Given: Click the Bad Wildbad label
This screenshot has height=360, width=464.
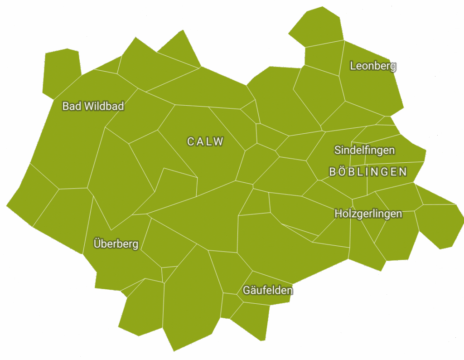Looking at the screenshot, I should click(93, 107).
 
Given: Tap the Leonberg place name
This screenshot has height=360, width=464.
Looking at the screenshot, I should click(373, 66).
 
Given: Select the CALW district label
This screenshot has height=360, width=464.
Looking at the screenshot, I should click(205, 141).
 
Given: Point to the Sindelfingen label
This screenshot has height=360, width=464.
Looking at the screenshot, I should click(364, 150).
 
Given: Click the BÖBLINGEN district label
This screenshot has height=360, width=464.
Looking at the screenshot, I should click(368, 172).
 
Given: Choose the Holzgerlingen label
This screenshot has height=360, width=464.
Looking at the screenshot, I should click(368, 214).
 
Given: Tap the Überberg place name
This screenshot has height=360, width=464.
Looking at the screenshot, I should click(116, 244).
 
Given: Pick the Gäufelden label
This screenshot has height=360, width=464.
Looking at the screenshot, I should click(267, 290).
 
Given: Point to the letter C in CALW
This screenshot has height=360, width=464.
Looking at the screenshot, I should click(190, 141).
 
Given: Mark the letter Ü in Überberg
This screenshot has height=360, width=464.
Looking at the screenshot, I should click(97, 243).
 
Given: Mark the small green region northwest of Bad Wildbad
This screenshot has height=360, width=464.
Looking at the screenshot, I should click(61, 72).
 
